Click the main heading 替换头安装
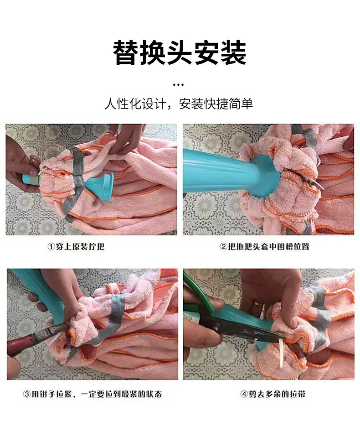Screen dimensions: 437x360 [x=180, y=53]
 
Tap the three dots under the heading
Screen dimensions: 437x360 [x=179, y=84]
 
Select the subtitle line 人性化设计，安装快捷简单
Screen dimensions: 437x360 [x=179, y=104]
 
